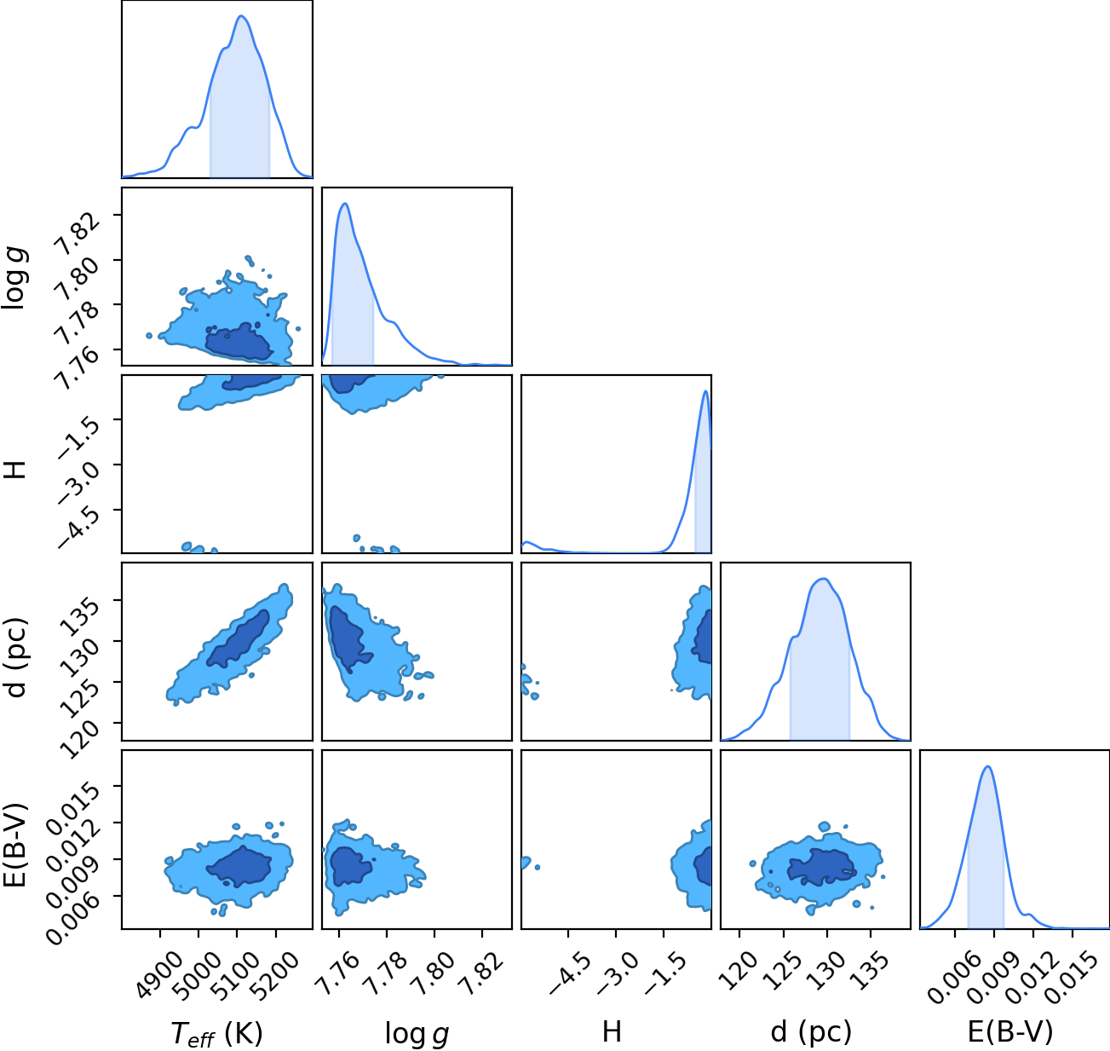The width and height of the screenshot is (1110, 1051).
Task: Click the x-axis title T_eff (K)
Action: (x=217, y=1033)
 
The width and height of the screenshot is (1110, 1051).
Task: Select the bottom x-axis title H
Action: (x=612, y=1031)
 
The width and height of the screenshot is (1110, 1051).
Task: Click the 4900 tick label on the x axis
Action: (x=160, y=967)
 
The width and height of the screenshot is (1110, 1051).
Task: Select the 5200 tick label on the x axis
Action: (x=275, y=967)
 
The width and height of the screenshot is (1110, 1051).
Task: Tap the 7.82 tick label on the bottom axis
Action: (x=481, y=967)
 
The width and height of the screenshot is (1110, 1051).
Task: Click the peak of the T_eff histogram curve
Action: (x=242, y=16)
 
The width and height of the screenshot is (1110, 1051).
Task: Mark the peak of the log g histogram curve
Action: (x=345, y=204)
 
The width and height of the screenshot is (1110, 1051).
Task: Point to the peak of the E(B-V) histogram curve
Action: (x=987, y=766)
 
